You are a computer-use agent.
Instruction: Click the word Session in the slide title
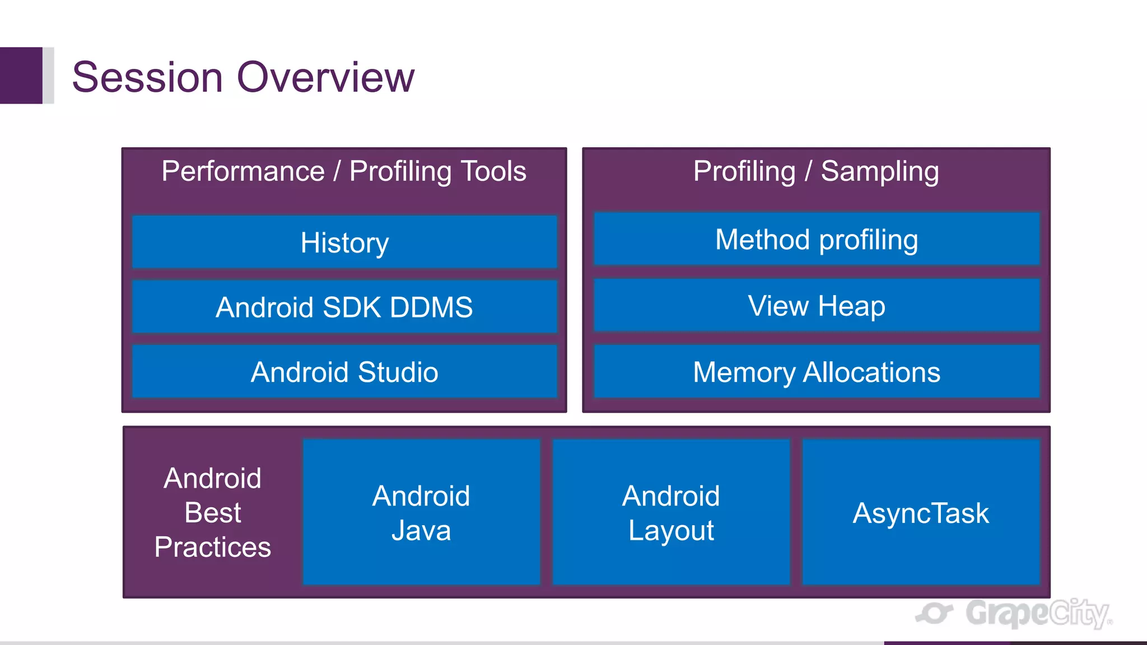click(x=147, y=77)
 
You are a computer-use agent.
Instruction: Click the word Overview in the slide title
click(x=325, y=77)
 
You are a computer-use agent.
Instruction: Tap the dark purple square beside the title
click(x=21, y=75)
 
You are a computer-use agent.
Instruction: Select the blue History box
click(x=344, y=242)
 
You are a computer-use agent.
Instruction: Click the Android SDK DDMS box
click(x=344, y=307)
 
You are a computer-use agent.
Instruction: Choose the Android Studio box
click(x=344, y=372)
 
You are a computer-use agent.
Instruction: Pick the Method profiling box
click(x=817, y=239)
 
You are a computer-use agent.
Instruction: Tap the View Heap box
click(x=817, y=306)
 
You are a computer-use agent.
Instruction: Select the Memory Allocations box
click(x=817, y=372)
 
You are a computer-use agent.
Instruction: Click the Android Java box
click(x=421, y=512)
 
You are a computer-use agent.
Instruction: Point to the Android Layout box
click(x=671, y=512)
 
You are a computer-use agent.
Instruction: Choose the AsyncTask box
click(x=921, y=512)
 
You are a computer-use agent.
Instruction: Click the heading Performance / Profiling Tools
click(x=344, y=171)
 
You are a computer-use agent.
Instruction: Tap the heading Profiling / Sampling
click(x=816, y=171)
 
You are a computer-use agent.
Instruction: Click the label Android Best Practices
click(x=213, y=512)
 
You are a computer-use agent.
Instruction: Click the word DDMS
click(x=431, y=307)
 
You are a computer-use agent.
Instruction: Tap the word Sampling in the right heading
click(x=879, y=171)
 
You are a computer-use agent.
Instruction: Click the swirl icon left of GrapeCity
click(x=934, y=613)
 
